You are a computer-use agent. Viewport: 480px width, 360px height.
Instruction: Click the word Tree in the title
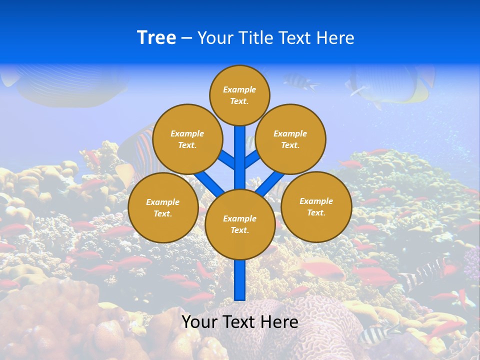(156, 37)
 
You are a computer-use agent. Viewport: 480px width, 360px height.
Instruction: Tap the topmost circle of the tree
(239, 95)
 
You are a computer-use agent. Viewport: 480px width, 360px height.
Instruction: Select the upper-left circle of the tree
(187, 139)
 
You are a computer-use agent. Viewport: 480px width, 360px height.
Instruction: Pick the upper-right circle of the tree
(290, 139)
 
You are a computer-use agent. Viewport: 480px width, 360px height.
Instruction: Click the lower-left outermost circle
(163, 207)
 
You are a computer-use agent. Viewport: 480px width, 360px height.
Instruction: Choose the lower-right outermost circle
(316, 206)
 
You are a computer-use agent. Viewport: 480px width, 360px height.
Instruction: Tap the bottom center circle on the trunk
(240, 224)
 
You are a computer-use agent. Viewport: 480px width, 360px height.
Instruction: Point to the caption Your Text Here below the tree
(240, 322)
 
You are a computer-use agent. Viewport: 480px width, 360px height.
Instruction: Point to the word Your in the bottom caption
(200, 322)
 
